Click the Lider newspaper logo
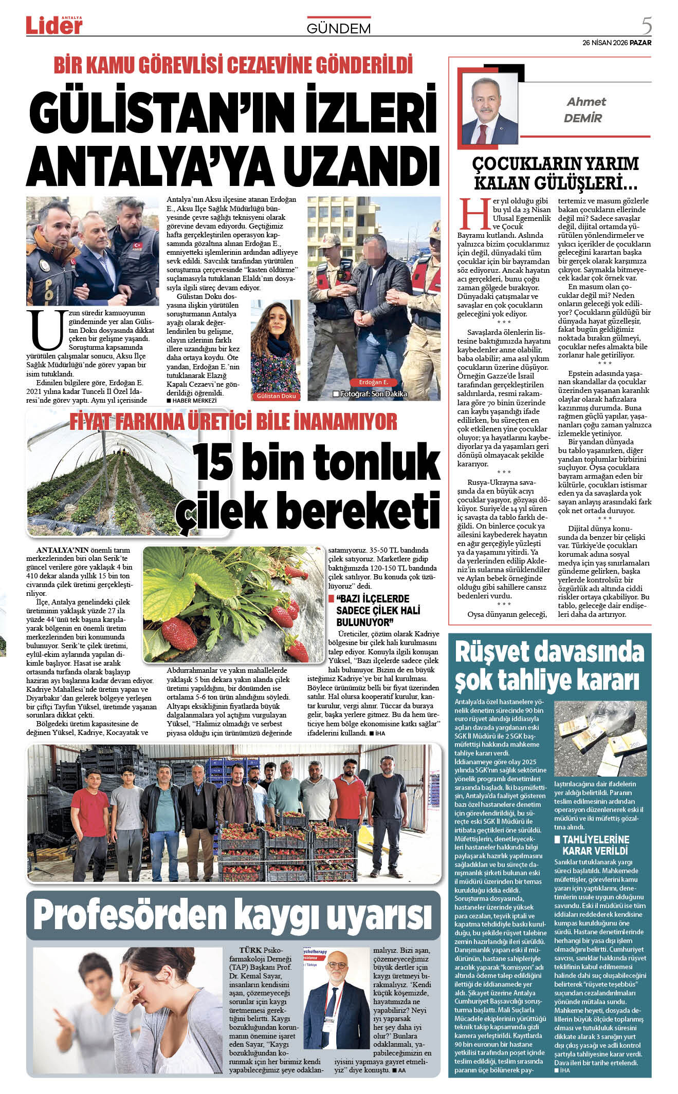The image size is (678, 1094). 54,25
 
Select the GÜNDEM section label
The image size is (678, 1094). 338,29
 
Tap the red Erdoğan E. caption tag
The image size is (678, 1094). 373,382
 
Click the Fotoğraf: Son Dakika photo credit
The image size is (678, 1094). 370,394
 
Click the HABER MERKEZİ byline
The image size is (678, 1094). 192,401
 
